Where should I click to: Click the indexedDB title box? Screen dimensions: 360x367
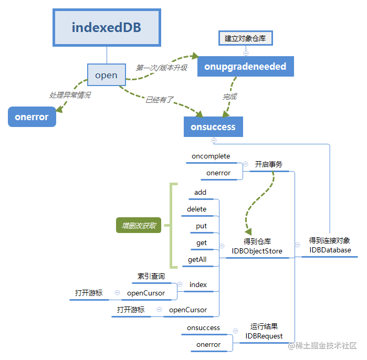pyautogui.click(x=107, y=27)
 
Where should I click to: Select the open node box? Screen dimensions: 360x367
pyautogui.click(x=106, y=76)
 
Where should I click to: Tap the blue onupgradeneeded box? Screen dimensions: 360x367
pyautogui.click(x=245, y=67)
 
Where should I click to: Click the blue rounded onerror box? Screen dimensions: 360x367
pyautogui.click(x=32, y=117)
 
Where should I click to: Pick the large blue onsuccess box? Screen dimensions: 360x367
pyautogui.click(x=213, y=126)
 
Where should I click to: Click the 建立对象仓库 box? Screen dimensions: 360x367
pyautogui.click(x=246, y=38)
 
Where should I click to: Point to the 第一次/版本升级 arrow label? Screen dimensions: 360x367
pyautogui.click(x=161, y=68)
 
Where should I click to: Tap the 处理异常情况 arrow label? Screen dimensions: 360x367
pyautogui.click(x=70, y=95)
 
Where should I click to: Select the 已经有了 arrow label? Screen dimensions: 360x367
pyautogui.click(x=159, y=100)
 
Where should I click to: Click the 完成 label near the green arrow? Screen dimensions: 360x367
pyautogui.click(x=229, y=97)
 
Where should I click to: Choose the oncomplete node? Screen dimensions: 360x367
pyautogui.click(x=211, y=156)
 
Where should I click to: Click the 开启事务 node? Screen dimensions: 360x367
pyautogui.click(x=269, y=164)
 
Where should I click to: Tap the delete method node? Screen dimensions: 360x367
pyautogui.click(x=197, y=209)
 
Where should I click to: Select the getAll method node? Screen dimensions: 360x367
pyautogui.click(x=197, y=259)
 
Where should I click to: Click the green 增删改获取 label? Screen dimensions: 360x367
pyautogui.click(x=139, y=226)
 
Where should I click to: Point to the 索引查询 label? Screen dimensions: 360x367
pyautogui.click(x=151, y=276)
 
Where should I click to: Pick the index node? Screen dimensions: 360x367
pyautogui.click(x=198, y=285)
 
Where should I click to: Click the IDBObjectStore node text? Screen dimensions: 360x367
pyautogui.click(x=257, y=251)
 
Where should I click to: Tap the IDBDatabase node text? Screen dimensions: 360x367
pyautogui.click(x=330, y=250)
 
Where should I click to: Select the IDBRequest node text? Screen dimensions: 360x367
pyautogui.click(x=264, y=336)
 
